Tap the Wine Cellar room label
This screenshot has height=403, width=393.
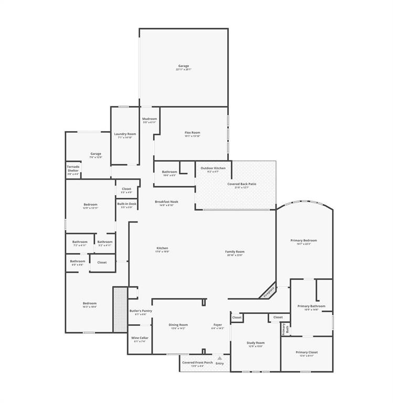140,338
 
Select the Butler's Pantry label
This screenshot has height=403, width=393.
141,311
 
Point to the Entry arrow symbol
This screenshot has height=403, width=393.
219,358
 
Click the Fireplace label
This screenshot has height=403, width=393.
269,290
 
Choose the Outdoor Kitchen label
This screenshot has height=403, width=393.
213,168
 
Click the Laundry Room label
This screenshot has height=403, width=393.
125,134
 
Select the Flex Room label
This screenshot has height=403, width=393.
192,133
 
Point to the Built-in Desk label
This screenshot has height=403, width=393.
127,204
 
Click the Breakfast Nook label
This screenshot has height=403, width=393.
166,201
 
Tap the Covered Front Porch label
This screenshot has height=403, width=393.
197,362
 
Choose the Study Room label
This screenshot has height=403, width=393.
256,343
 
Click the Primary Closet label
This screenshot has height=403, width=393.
306,352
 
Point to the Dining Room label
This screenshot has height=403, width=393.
178,325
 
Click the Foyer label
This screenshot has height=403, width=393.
218,325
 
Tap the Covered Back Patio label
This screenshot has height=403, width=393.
242,184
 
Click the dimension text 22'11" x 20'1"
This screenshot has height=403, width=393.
183,69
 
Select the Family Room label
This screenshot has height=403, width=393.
235,251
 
